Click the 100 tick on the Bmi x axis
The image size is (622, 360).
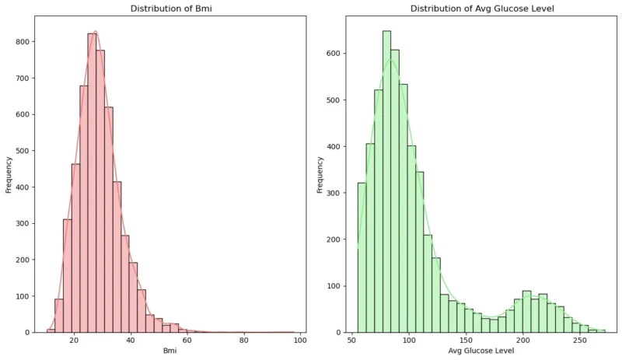[300, 341]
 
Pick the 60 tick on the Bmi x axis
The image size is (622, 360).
[187, 341]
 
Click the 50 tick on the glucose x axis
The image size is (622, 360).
[353, 341]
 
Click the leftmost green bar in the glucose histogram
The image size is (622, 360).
[362, 257]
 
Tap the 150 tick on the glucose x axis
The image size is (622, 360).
[466, 341]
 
